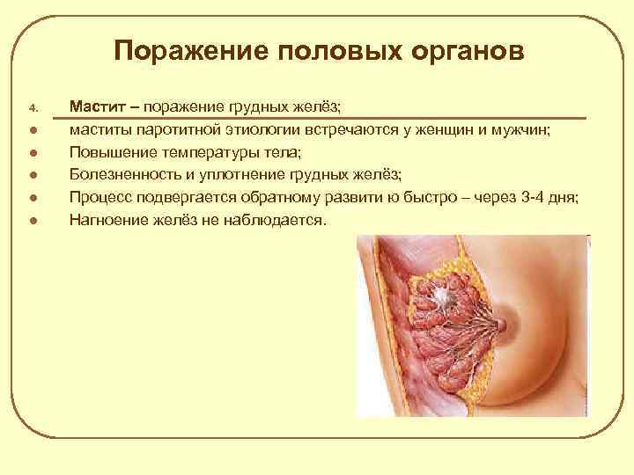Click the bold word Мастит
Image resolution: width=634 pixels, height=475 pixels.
98,108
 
